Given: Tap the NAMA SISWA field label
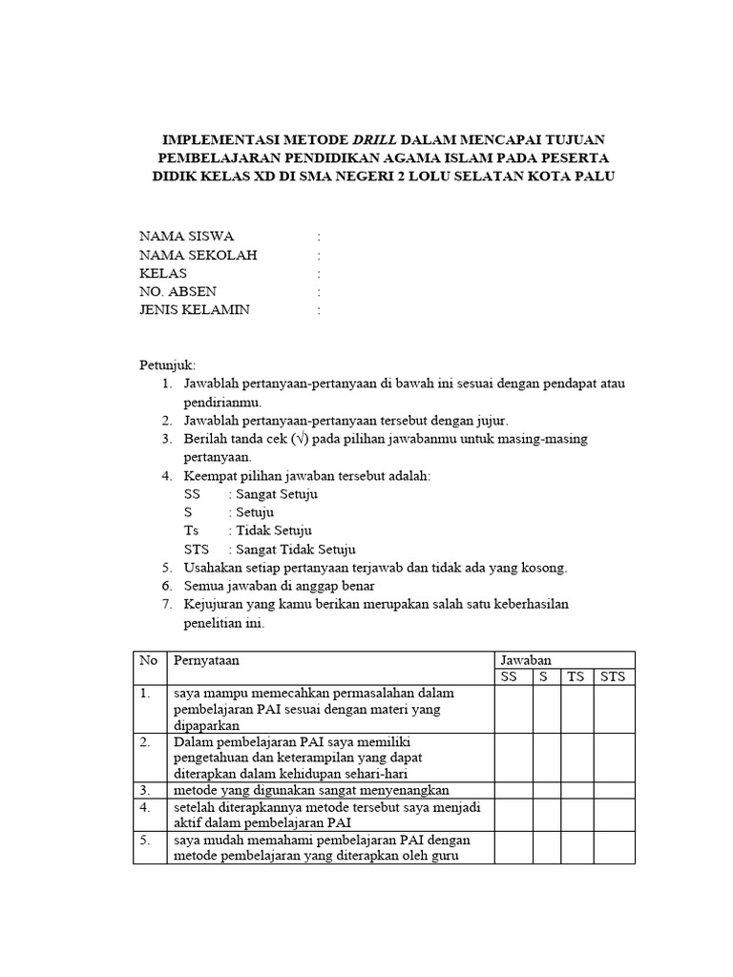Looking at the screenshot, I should tap(186, 237).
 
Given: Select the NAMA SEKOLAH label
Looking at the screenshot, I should tap(199, 255).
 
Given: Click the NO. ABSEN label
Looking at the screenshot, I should tap(178, 292).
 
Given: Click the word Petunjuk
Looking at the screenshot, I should tap(167, 365).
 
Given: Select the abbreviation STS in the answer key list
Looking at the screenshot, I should tap(196, 549).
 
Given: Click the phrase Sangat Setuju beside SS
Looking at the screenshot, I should tap(277, 494).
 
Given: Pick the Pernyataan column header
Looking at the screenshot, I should tap(206, 659).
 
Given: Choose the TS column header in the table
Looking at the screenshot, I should tap(576, 676).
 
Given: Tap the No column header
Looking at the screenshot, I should tap(148, 659).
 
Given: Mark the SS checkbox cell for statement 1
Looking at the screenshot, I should tap(513, 709).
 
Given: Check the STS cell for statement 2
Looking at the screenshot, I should tap(615, 758).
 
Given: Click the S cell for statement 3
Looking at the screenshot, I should tap(546, 790).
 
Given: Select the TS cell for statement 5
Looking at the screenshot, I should tap(576, 847).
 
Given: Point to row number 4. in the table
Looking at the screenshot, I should tap(146, 806).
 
